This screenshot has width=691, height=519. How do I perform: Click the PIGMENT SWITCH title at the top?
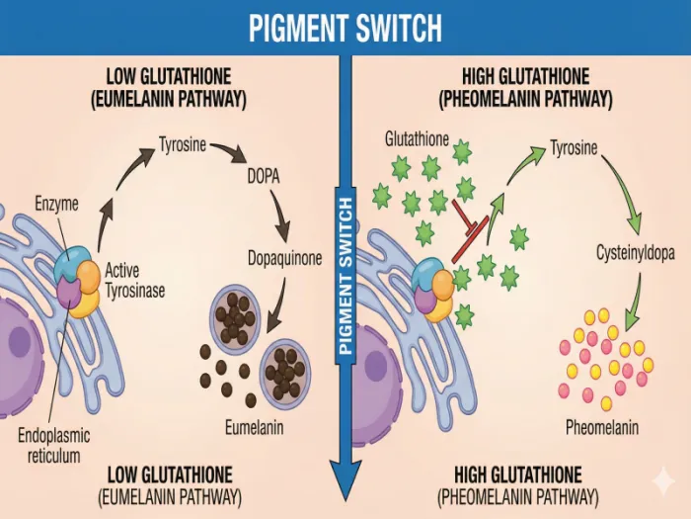click(345, 27)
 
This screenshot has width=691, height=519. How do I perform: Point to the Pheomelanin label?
click(602, 428)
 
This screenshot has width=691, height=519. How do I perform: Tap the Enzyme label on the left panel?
click(57, 206)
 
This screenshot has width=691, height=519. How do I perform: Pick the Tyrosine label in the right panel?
click(574, 148)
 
